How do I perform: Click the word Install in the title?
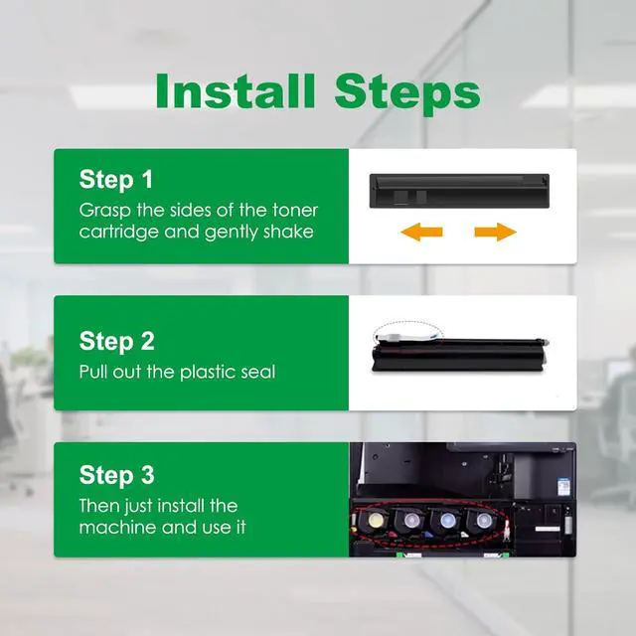[x=236, y=90]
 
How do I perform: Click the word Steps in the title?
[x=407, y=95]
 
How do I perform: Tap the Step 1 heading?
[x=116, y=179]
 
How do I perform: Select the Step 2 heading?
[x=117, y=341]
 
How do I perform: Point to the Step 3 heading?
[x=117, y=475]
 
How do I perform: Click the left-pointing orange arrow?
[x=421, y=232]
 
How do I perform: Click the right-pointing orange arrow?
[x=496, y=232]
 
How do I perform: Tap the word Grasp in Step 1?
[x=104, y=211]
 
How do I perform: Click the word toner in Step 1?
[x=295, y=210]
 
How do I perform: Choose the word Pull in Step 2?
[x=93, y=372]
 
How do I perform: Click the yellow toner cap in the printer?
[x=374, y=519]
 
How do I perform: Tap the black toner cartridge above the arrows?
[x=459, y=191]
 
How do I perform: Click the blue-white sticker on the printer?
[x=563, y=485]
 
